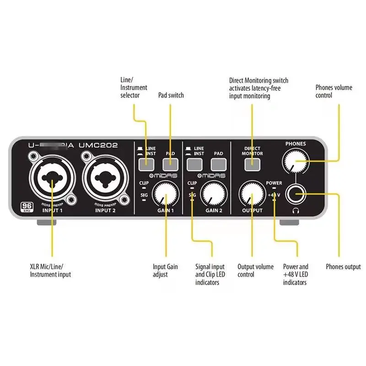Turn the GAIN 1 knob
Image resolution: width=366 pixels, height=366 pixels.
coord(165,194)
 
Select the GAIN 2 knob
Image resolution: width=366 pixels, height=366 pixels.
coord(214,194)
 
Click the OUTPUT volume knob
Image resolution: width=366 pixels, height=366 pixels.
coord(251,194)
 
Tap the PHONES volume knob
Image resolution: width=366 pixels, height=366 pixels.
coord(295,160)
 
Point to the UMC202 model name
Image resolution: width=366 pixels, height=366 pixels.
coord(98,145)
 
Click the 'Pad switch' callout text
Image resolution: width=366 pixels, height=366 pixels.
coord(171,95)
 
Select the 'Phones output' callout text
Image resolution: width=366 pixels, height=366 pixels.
coord(343,267)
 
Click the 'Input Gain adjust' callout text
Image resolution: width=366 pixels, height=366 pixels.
coord(165,270)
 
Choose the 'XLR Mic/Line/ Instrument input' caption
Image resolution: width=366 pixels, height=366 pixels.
coord(50,270)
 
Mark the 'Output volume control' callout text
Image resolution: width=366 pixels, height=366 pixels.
coord(255,270)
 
